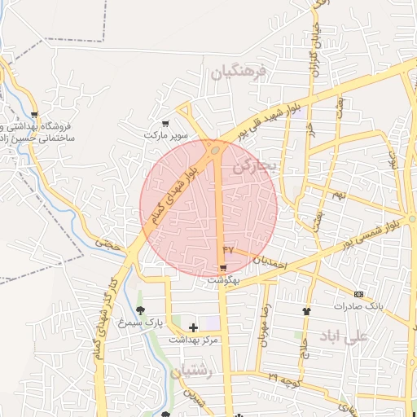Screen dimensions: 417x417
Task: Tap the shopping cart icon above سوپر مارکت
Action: point(165,123)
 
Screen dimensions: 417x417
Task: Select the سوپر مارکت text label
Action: point(166,134)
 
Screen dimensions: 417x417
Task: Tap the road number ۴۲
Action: point(228,248)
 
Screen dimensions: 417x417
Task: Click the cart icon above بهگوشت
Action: point(222,267)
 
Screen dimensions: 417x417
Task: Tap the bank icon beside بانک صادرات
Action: point(358,293)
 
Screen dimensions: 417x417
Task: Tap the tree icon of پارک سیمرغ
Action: point(140,310)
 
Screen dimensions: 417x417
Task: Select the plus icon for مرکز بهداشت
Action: point(193,327)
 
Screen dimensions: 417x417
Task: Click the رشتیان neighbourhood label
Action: point(192,371)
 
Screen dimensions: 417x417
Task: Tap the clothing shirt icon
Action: point(306,310)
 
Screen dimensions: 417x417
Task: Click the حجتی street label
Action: point(106,241)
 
